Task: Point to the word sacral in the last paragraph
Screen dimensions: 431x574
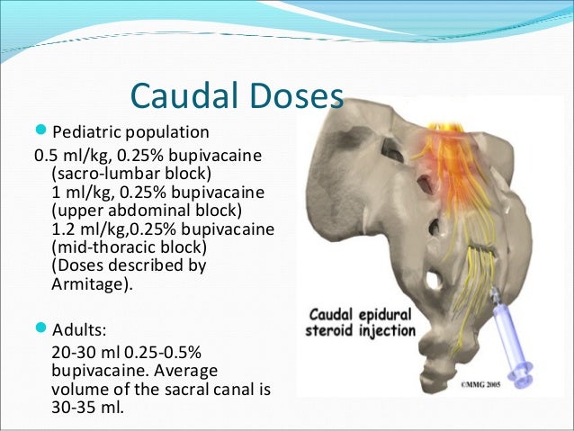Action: coord(193,388)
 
